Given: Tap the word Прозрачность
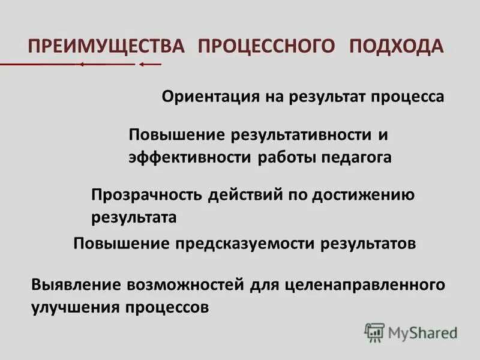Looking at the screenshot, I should (147, 195).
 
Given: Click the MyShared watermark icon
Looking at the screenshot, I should (374, 332).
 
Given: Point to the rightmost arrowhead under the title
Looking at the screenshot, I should (142, 64).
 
